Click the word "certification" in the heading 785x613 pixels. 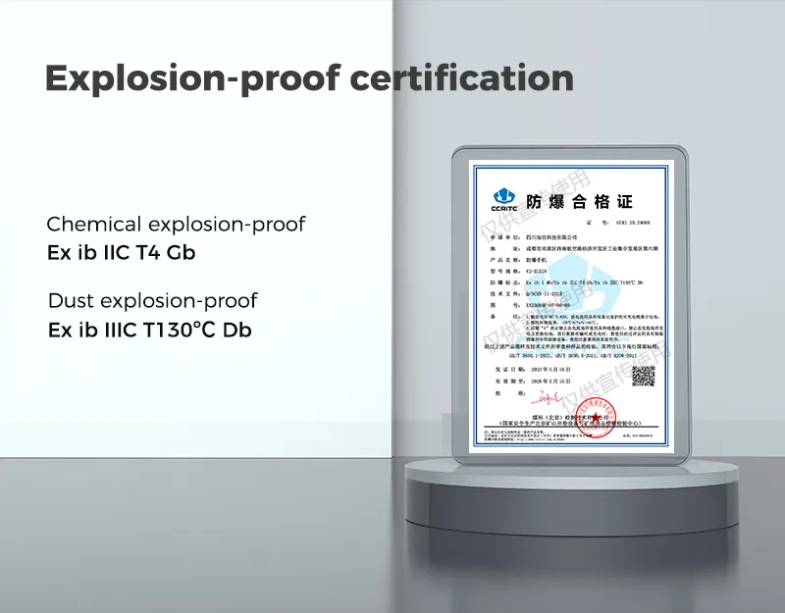462,78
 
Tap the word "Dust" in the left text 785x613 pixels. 72,300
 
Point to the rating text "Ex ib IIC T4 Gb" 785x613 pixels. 121,252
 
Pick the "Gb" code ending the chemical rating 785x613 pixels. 181,252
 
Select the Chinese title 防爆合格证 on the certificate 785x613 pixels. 579,202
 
